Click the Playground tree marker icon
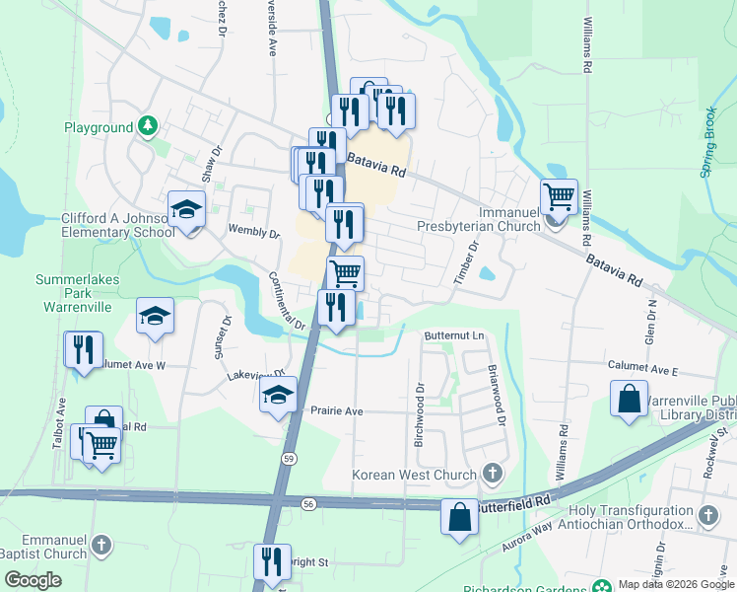click(148, 126)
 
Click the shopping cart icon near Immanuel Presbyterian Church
click(559, 195)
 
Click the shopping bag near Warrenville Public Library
click(629, 400)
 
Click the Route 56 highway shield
click(309, 503)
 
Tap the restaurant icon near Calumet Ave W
click(83, 349)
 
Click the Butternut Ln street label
click(455, 336)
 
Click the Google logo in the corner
click(33, 580)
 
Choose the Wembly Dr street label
click(254, 231)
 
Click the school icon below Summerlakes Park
click(155, 315)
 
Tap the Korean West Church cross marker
click(492, 476)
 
